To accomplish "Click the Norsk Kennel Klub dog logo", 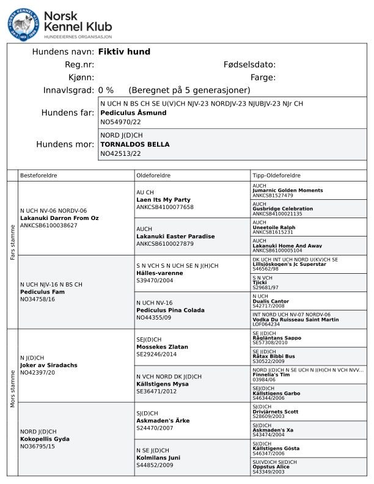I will [23, 24].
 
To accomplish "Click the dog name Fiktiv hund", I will [124, 52].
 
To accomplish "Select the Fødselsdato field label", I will [249, 65].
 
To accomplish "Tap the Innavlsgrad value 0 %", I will [106, 90].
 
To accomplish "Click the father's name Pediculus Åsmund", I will [133, 113].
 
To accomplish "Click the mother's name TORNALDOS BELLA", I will [135, 145].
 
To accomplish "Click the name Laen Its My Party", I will [163, 200].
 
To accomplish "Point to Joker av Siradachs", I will [49, 365].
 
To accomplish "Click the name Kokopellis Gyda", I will [45, 439].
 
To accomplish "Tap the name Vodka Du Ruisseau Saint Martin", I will [295, 320].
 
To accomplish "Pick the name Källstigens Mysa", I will [161, 384].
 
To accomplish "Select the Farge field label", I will [263, 78].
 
